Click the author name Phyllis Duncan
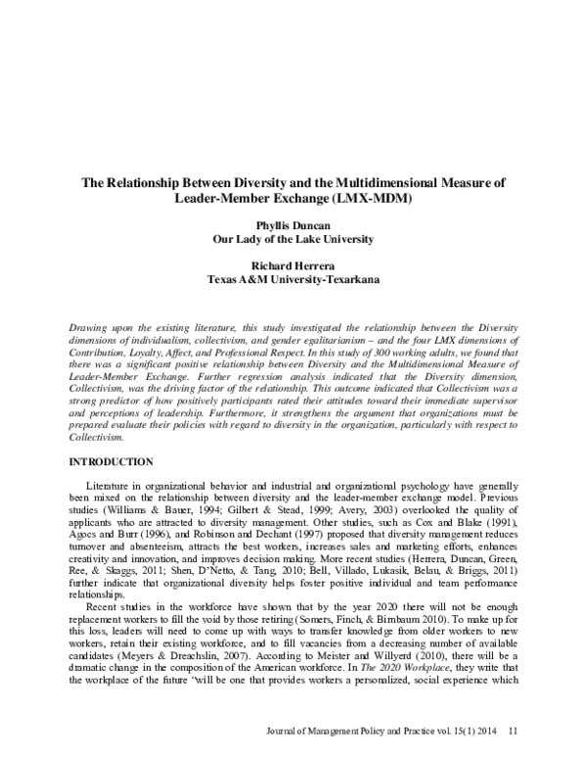[x=293, y=224]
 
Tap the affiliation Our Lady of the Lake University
[x=293, y=237]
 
